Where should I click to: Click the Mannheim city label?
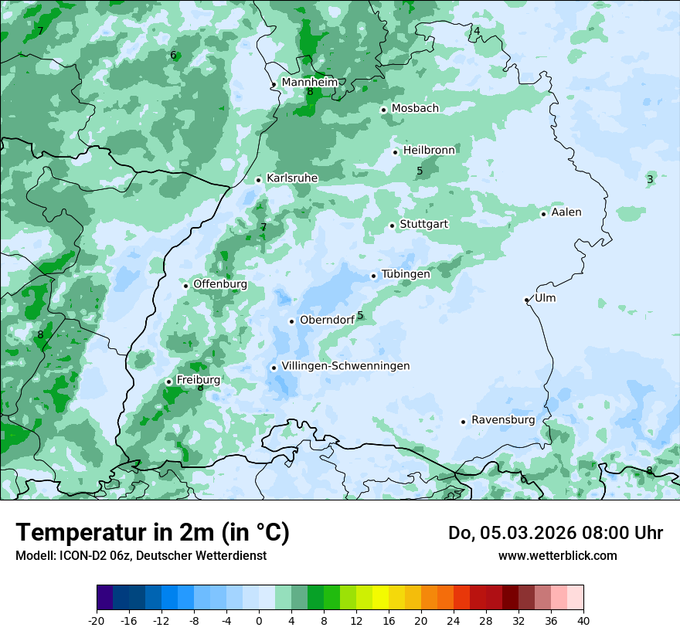[309, 83]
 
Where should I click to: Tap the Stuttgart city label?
[424, 224]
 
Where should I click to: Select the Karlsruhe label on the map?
[292, 178]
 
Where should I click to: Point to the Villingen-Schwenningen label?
[346, 366]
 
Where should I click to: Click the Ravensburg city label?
[503, 420]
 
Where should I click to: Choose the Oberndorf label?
[327, 320]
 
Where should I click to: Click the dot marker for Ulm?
[526, 300]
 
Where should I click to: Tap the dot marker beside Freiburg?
[168, 382]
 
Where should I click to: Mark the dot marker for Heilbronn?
[395, 152]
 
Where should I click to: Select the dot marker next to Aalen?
[543, 214]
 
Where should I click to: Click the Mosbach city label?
[415, 108]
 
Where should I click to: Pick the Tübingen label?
[406, 274]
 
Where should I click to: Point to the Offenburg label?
[220, 284]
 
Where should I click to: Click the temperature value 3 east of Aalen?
[650, 179]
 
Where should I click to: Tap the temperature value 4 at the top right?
[477, 31]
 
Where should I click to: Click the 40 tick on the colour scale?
[583, 620]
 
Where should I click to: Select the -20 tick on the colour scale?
[97, 620]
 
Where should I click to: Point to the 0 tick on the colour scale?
[259, 620]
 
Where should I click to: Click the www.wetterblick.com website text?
[557, 555]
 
